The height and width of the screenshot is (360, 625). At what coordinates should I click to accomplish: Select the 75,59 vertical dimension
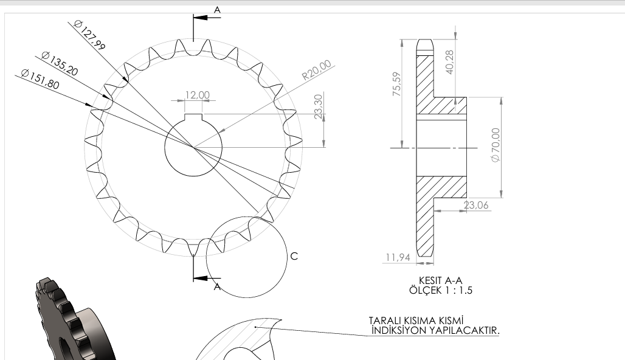coord(396,84)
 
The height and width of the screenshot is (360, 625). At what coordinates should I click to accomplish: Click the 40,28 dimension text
coord(450,61)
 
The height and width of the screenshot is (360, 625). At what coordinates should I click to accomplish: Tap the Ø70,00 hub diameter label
coord(495,145)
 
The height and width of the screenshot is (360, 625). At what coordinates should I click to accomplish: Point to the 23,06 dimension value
coord(476,206)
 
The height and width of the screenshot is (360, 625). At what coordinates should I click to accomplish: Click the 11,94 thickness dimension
coord(398,258)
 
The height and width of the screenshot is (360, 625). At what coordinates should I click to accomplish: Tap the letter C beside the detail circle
coord(294,256)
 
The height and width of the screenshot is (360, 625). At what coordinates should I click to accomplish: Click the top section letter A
coord(217,9)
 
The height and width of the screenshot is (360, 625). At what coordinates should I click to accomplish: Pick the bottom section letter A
coord(217,287)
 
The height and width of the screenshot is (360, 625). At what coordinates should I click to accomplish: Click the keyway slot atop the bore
coord(193,117)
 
